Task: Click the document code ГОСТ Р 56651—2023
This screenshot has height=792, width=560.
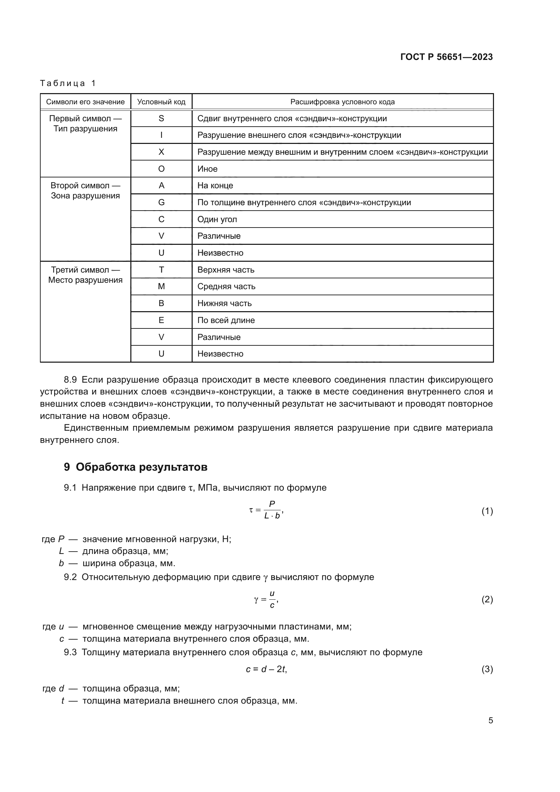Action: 446,57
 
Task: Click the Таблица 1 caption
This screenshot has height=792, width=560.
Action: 68,83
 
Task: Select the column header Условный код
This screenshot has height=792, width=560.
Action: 161,102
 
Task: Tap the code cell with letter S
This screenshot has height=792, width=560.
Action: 161,118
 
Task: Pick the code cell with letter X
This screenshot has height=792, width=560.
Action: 161,152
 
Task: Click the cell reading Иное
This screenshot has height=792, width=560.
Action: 207,169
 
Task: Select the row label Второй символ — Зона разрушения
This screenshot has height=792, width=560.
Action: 85,190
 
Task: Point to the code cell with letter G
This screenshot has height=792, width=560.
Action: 161,202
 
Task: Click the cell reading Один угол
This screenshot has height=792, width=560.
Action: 217,219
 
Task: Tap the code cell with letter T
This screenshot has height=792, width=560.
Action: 161,270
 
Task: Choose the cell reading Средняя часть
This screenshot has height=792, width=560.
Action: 226,286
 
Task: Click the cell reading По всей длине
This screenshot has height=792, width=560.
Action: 226,320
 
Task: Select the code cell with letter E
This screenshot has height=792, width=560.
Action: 161,320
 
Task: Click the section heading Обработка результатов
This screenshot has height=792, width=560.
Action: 142,467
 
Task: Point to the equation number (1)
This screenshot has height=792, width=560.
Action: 487,511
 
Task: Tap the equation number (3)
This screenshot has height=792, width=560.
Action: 487,669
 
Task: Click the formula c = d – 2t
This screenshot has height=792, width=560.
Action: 266,669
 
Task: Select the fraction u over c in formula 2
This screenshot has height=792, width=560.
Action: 272,600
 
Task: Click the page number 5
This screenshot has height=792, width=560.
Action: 490,720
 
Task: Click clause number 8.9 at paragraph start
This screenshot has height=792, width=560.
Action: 70,380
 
